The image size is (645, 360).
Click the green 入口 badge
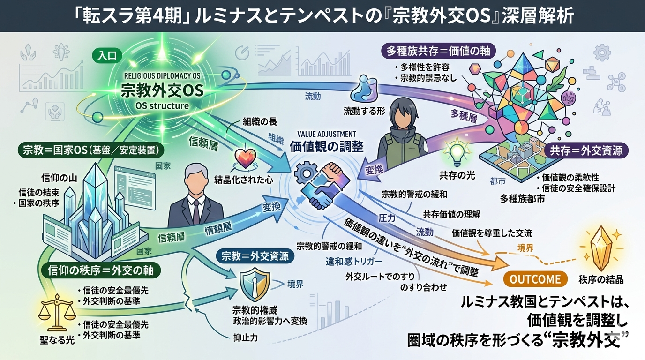coord(107,56)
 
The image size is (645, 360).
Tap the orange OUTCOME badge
coord(535,279)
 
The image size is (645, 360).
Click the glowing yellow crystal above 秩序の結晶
coord(601,248)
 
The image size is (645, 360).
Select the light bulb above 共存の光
coord(457,151)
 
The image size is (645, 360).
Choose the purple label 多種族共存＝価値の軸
coord(439,51)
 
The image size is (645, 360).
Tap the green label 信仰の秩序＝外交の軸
coord(100,270)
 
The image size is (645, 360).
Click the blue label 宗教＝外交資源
coord(255,256)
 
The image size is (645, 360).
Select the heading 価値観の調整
coord(327,147)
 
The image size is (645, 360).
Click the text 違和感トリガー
coord(354,261)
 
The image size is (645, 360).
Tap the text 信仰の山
coord(60,178)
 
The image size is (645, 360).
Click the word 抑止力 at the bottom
coord(245,337)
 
